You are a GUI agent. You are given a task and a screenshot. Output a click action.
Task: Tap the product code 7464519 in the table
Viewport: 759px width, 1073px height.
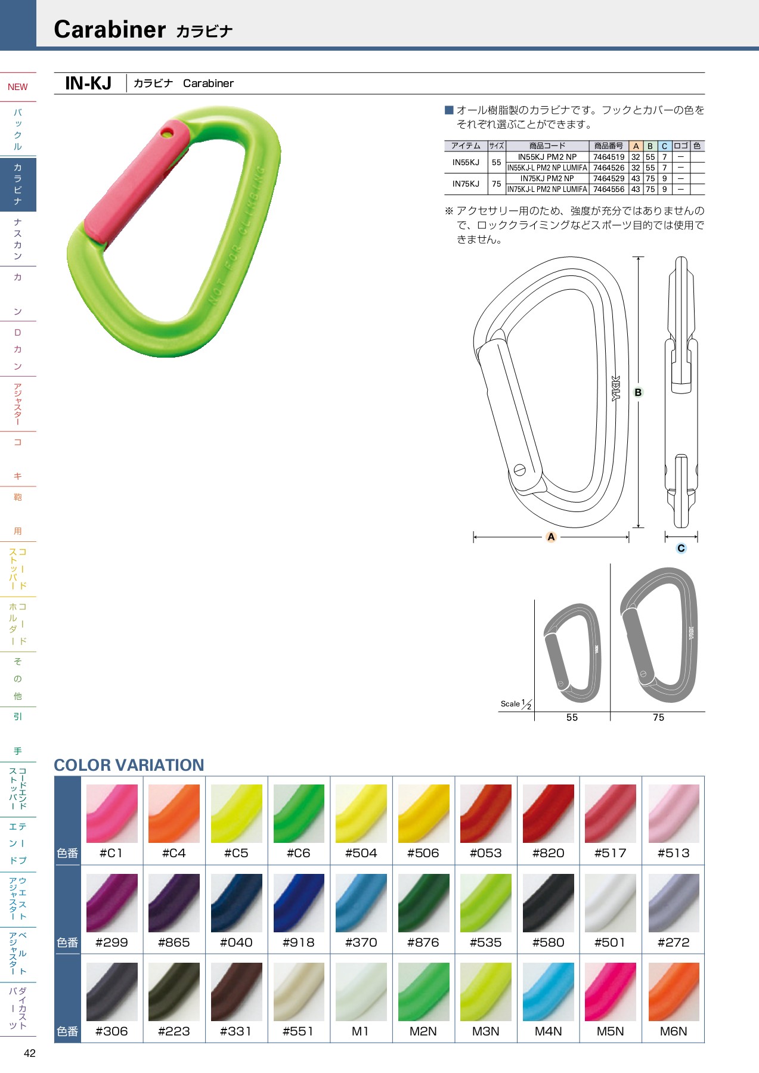click(x=608, y=157)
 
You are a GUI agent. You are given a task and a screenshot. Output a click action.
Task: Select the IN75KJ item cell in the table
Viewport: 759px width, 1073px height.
click(x=466, y=184)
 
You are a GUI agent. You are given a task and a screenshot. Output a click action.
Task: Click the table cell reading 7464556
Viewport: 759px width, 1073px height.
click(x=608, y=190)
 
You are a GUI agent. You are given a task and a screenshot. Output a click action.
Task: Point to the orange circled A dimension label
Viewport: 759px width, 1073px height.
click(x=551, y=537)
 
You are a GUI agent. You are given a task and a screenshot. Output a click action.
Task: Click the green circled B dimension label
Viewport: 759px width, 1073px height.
click(x=638, y=392)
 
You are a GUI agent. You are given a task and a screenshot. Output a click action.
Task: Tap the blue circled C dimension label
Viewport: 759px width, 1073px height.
click(x=681, y=548)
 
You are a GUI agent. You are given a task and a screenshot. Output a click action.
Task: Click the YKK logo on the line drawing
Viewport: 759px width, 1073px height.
click(x=616, y=388)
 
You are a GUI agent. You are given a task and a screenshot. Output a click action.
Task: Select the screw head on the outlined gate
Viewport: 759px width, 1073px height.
click(x=520, y=470)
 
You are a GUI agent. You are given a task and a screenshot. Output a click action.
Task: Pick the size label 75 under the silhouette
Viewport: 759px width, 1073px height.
click(x=658, y=718)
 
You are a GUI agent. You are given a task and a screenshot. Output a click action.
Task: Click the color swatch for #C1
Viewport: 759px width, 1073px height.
click(x=112, y=813)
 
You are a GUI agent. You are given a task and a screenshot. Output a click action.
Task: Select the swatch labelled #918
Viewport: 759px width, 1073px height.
click(x=299, y=903)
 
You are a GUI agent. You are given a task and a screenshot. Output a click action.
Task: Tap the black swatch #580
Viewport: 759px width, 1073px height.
click(x=548, y=903)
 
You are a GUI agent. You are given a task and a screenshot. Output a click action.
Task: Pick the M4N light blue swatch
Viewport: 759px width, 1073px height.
click(x=548, y=991)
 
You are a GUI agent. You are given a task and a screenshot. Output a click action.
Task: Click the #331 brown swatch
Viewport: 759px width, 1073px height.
click(x=236, y=991)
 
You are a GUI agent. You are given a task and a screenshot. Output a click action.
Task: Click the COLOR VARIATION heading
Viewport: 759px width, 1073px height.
click(x=129, y=765)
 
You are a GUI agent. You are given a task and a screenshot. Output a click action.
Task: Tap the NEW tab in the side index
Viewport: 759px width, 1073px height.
click(x=18, y=87)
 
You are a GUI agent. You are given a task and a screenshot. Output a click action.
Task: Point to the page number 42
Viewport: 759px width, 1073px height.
click(x=30, y=1053)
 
